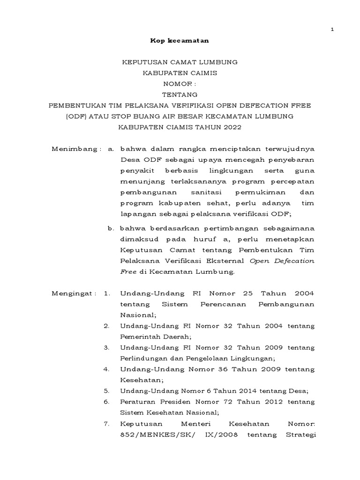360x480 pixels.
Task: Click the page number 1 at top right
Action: (332, 30)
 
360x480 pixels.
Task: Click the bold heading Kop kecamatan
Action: (179, 41)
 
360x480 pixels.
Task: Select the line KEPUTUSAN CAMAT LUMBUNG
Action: (180, 62)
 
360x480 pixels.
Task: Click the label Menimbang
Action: (74, 149)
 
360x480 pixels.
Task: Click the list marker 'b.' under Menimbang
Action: (111, 228)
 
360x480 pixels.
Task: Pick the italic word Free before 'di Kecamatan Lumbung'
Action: (128, 272)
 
